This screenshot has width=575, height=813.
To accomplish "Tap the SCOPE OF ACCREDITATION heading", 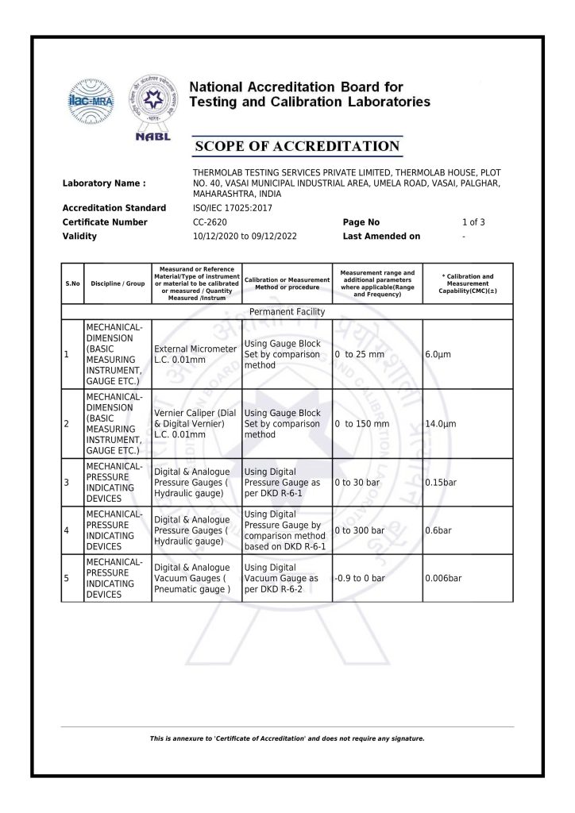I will click(298, 146).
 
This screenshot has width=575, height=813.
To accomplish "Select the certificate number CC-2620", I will click(210, 222).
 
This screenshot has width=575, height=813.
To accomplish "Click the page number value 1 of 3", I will click(473, 222).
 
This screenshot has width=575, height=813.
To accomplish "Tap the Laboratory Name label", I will click(104, 183).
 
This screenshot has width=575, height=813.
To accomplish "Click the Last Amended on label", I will click(381, 237).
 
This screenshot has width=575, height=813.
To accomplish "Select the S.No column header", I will click(72, 283).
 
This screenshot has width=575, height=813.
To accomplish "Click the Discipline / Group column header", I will click(118, 283).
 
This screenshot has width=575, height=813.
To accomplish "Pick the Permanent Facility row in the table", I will click(287, 312).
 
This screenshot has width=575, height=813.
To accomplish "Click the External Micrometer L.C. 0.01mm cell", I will click(195, 354).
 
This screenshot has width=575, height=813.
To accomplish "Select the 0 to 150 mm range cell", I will click(362, 424).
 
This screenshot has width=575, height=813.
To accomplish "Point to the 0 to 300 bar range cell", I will click(360, 530).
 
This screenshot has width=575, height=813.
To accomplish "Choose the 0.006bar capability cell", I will click(443, 578).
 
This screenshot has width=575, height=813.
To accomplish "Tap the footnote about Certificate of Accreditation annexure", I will click(287, 738).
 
